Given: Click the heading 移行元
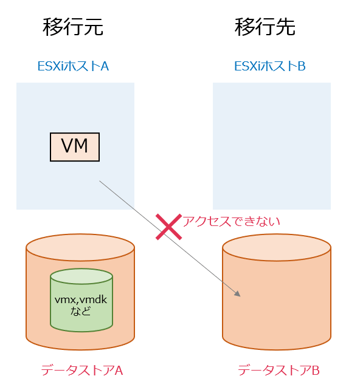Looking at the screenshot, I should point(73,27).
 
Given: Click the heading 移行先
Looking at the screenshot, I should point(265,27).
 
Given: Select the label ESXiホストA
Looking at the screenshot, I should point(73,66).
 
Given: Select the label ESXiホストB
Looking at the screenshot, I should point(270,66).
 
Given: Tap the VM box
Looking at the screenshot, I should point(74,146).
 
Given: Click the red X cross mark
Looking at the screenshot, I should point(168,226).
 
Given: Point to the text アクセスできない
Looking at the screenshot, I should point(232,221).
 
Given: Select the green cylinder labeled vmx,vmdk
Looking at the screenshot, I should point(81,301).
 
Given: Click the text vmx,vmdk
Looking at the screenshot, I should point(81,300).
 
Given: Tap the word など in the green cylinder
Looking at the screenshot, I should point(81,312).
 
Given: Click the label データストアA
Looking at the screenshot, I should point(82,370).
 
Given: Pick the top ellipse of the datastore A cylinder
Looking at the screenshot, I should point(80,247).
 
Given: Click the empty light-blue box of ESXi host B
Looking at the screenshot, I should point(272,146).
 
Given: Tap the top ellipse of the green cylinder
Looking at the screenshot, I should point(81,277).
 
